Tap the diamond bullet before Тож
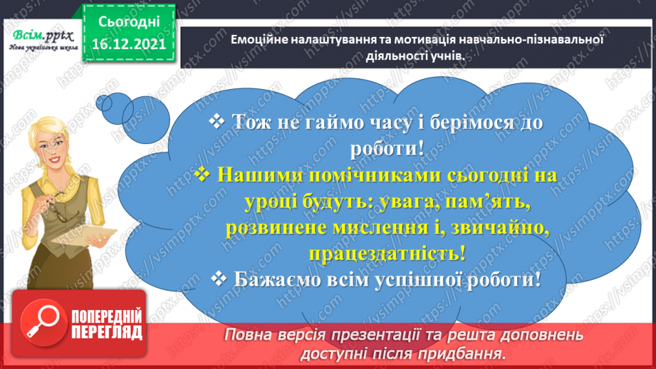click(216, 122)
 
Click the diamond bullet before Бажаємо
click(219, 279)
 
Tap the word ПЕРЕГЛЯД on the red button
click(107, 333)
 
